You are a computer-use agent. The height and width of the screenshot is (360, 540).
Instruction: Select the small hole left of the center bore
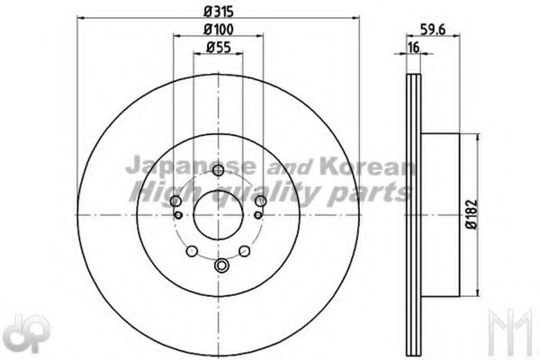click(x=180, y=214)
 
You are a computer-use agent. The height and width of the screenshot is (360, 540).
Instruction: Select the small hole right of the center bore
click(x=259, y=214)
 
